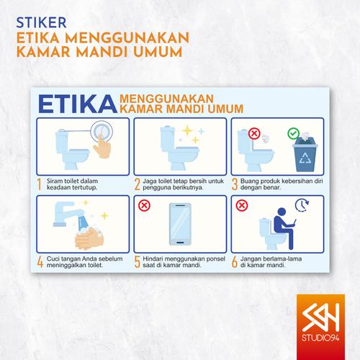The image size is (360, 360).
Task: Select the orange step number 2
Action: (137, 185)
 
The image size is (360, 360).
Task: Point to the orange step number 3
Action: (235, 185)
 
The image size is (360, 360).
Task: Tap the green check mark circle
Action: (293, 133)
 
